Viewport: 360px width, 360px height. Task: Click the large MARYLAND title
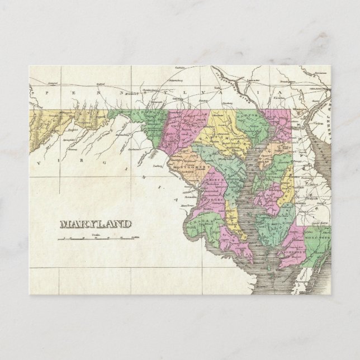(95, 224)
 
